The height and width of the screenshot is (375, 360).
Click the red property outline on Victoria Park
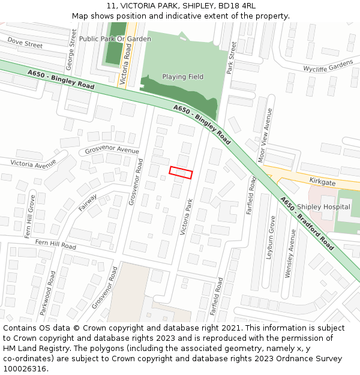tap(181, 172)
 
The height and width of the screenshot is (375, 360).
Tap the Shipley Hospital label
tap(323, 207)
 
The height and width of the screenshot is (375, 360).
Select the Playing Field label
tap(182, 77)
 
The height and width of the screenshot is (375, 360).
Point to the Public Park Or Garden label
tap(115, 39)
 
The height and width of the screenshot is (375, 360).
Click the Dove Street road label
tap(25, 42)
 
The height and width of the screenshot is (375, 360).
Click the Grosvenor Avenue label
tap(112, 150)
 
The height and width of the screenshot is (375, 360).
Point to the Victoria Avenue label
tap(33, 163)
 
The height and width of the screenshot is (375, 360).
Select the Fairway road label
tap(88, 202)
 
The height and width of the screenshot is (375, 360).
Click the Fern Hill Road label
tap(55, 244)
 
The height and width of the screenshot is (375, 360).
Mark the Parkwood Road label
tap(47, 293)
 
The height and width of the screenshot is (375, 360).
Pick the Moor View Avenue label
tap(265, 135)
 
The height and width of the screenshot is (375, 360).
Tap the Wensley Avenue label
tap(290, 253)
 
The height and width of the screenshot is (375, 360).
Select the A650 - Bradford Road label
tap(307, 224)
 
